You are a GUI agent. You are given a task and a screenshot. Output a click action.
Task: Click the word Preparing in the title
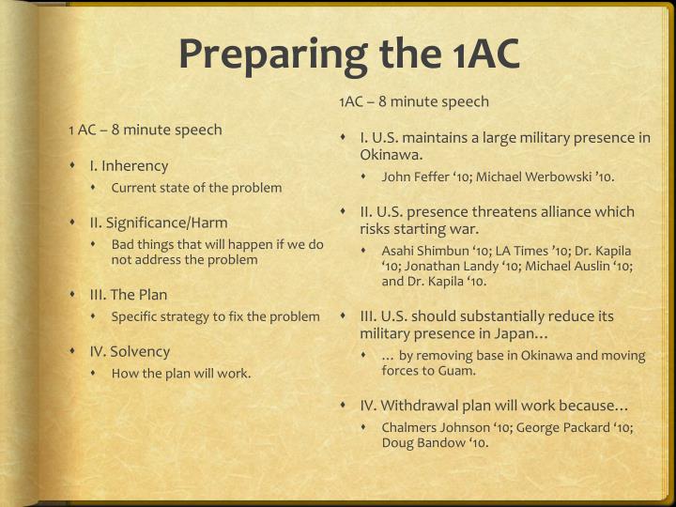point(262,54)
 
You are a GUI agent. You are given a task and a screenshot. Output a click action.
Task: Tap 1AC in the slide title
point(478,54)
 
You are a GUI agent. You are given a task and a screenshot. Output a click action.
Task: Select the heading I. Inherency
point(129,166)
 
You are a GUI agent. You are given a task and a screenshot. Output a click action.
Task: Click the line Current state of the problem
point(196,188)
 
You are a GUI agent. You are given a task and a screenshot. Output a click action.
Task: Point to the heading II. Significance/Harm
point(159,223)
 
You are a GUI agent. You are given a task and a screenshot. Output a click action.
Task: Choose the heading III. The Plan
point(129,295)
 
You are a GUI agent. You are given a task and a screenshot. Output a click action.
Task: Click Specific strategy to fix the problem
point(215,316)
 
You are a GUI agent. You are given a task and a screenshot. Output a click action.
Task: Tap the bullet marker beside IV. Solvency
point(73,352)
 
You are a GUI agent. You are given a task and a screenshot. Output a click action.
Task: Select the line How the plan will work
point(181,374)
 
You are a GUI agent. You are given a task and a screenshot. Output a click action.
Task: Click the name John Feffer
point(419,177)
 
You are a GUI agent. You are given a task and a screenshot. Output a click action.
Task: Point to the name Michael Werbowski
point(544,177)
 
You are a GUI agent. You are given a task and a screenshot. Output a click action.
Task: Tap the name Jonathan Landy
point(452,266)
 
